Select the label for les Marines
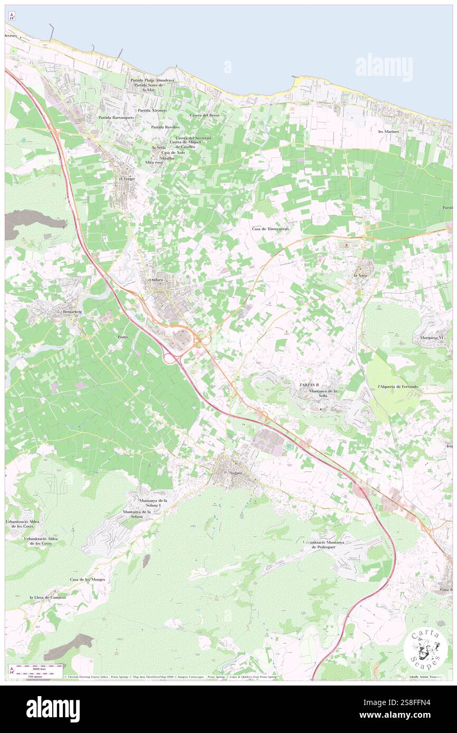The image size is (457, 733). (388, 131)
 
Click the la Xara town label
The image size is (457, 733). (360, 275)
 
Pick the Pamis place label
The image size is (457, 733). (123, 336)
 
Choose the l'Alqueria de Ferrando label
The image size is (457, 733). (398, 387)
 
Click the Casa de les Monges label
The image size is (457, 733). (88, 579)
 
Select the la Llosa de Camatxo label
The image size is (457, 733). (48, 597)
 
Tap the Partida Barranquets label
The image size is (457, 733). (116, 117)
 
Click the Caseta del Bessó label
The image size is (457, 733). (204, 115)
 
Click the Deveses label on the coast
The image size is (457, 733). (11, 35)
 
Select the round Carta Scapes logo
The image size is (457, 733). (422, 649)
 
